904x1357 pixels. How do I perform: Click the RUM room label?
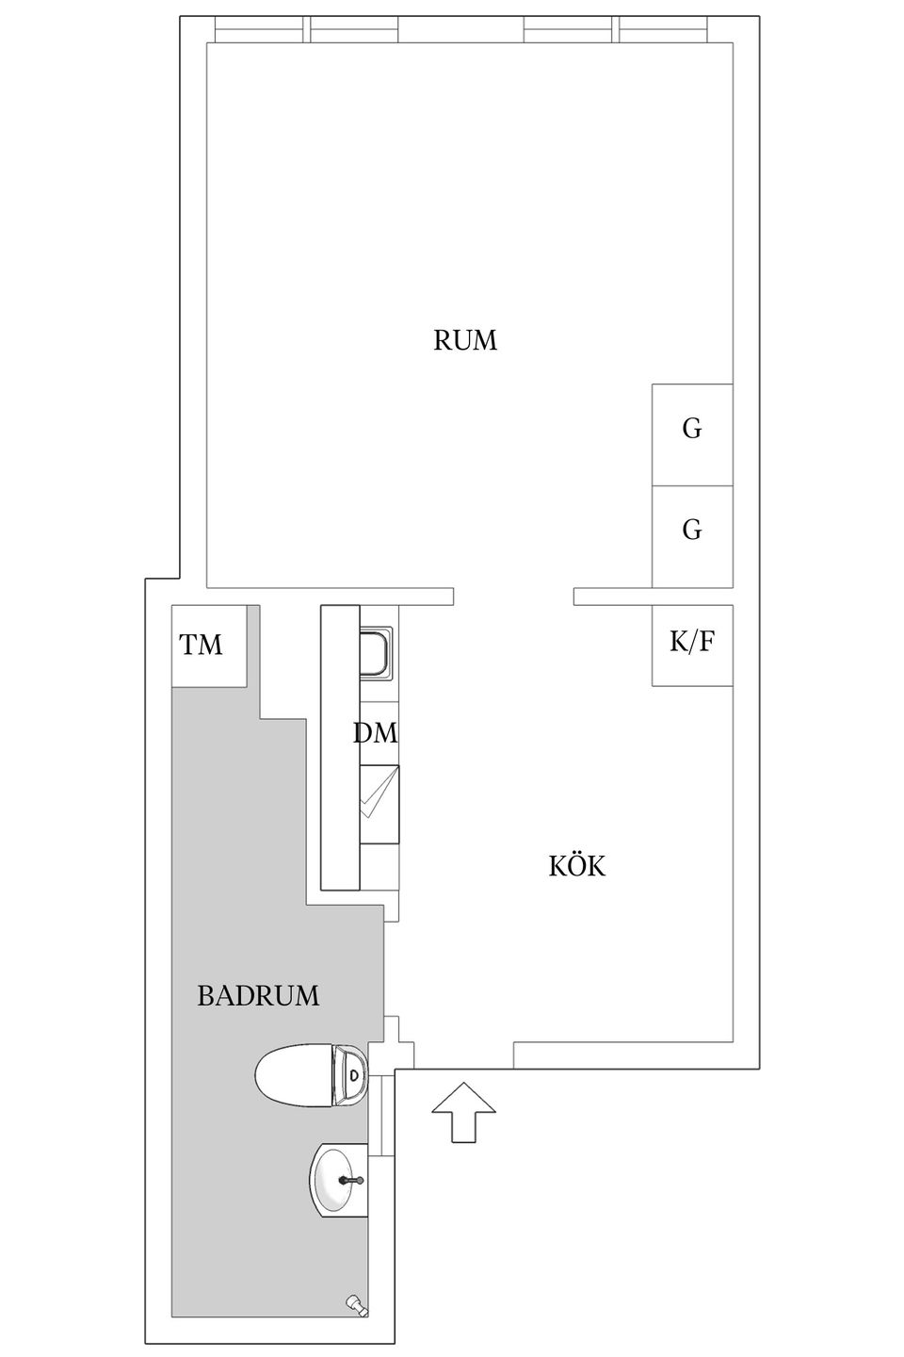point(464,340)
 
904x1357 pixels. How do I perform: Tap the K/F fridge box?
point(692,645)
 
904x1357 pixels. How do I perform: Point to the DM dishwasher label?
point(376,733)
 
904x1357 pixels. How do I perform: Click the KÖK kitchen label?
point(576,866)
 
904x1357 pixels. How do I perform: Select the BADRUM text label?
point(258,995)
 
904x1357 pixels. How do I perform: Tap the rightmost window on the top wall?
point(662,30)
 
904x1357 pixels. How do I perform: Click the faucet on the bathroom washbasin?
point(351,1179)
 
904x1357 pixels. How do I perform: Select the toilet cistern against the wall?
point(351,1074)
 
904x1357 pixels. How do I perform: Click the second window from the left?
point(354,30)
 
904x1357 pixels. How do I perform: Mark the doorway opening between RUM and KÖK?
point(513,597)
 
